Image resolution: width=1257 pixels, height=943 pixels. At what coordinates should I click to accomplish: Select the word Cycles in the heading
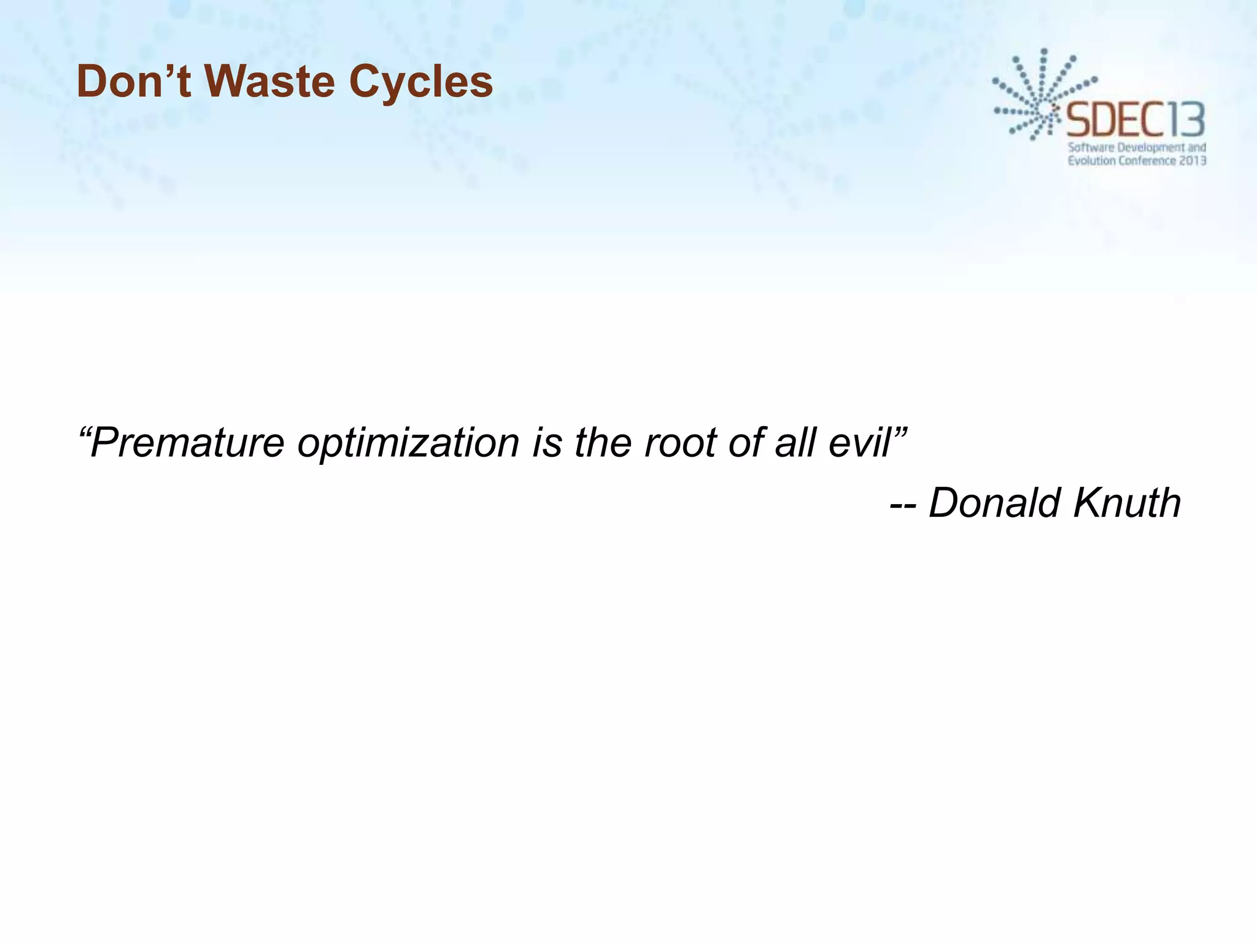(x=421, y=82)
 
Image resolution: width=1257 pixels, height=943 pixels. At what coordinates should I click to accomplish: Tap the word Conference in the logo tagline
(x=1147, y=161)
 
